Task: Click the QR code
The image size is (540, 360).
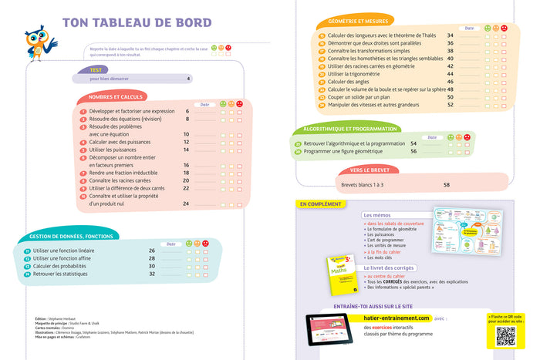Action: coord(505,335)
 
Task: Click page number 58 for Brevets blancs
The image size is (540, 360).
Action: coord(447,185)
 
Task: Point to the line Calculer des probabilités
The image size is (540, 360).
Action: coord(63,266)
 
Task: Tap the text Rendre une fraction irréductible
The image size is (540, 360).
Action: coord(127,173)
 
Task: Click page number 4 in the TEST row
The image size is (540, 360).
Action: coord(187,78)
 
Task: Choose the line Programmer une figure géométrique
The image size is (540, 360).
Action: coord(349,151)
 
